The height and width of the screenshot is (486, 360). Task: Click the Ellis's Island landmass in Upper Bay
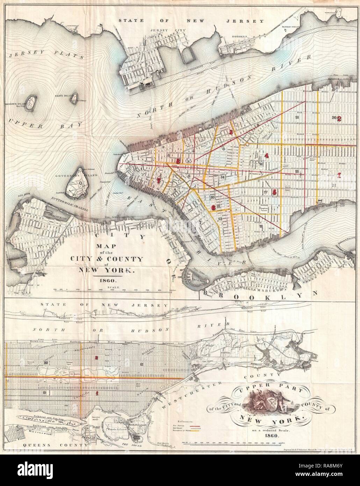[73, 100]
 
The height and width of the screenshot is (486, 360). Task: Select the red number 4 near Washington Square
[267, 156]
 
